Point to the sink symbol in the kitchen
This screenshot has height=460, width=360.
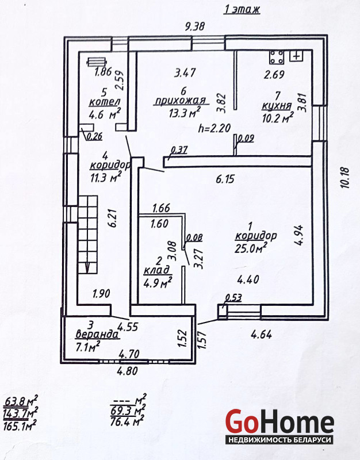coord(297,56)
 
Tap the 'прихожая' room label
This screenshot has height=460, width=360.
coord(177,101)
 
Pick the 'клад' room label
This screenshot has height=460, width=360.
coord(156,270)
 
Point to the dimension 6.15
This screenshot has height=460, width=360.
coord(225,179)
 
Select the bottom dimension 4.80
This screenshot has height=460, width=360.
coord(127,371)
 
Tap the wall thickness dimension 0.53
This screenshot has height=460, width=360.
coord(233,297)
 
